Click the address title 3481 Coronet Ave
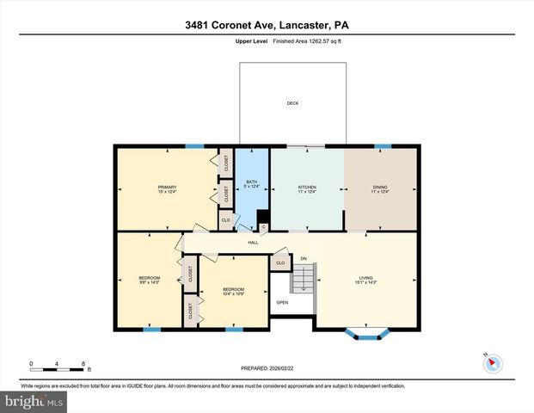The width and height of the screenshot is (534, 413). [x=267, y=25]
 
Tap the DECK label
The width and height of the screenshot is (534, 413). [x=292, y=104]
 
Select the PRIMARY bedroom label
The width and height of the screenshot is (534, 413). [x=166, y=188]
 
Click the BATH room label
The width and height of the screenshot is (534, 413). [x=252, y=182]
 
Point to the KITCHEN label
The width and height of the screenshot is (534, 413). [x=307, y=188]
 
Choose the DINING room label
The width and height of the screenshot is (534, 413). [x=379, y=188]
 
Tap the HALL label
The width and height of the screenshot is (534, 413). [x=254, y=243]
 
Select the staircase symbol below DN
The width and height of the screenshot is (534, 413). [x=304, y=278]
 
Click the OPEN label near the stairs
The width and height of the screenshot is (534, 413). [x=282, y=303]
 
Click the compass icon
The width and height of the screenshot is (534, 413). [x=492, y=362]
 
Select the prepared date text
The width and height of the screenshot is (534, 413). [x=267, y=367]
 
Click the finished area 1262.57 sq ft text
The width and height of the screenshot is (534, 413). [x=307, y=40]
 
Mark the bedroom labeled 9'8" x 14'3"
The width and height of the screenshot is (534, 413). [x=150, y=279]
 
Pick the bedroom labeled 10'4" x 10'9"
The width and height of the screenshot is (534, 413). [x=233, y=291]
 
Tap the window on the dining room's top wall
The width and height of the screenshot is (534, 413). [x=384, y=146]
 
